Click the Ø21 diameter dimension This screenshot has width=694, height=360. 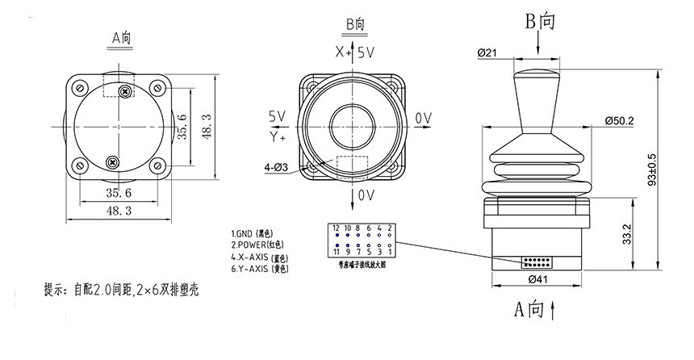[x=488, y=53]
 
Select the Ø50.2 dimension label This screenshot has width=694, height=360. [x=619, y=121]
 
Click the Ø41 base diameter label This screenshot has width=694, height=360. [x=539, y=280]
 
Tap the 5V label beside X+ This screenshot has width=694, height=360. [x=366, y=52]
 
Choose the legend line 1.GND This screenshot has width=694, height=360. [x=253, y=232]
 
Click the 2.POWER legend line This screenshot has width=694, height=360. [x=257, y=244]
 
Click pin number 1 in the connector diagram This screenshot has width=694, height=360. [x=390, y=251]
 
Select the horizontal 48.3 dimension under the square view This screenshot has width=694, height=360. [x=119, y=210]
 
